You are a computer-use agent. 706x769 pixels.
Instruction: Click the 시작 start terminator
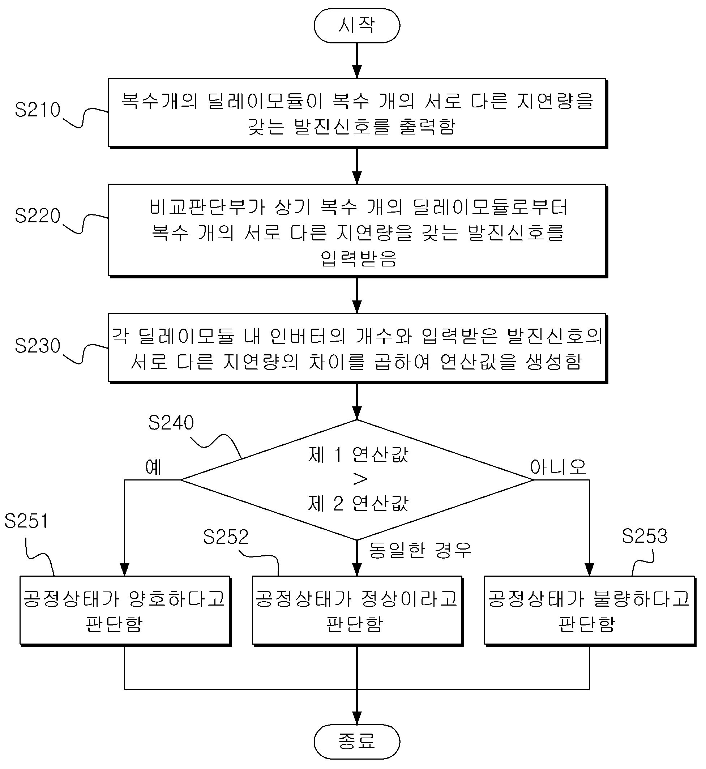357,26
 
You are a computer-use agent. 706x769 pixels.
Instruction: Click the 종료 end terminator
357,742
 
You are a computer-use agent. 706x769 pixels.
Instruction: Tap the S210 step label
38,110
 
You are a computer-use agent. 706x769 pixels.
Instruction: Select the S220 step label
38,216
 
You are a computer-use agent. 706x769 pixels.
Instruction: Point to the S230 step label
38,346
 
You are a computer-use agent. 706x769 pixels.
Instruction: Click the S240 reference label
171,423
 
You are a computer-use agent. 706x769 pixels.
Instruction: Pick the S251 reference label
27,521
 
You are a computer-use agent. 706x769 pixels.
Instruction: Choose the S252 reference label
226,537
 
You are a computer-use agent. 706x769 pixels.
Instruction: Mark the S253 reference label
645,536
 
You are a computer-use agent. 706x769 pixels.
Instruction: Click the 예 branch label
154,467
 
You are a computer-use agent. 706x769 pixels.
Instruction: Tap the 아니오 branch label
558,467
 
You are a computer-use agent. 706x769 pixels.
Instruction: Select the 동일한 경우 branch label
420,550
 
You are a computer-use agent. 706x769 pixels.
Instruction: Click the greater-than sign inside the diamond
360,479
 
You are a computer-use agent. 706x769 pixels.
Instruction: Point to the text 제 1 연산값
358,454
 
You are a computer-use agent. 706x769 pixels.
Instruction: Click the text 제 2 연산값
358,504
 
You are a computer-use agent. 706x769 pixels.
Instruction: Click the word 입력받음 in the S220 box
358,259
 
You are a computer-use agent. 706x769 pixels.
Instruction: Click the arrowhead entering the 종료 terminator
357,718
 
